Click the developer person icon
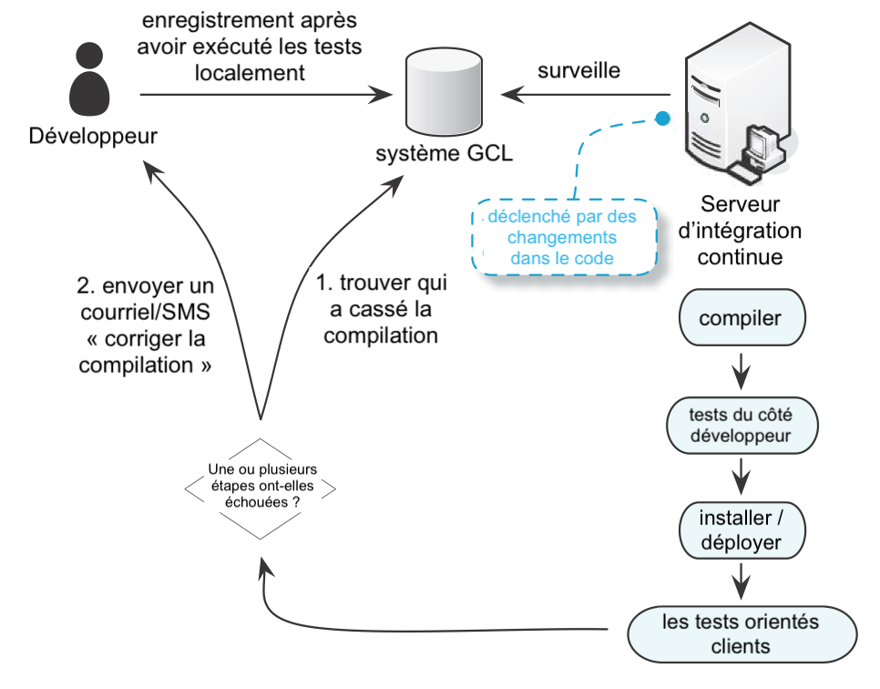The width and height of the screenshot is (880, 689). [89, 78]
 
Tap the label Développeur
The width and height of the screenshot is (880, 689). [93, 136]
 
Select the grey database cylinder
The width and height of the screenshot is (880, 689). [444, 91]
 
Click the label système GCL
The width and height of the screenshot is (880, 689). [444, 153]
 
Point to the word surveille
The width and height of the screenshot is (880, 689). [578, 71]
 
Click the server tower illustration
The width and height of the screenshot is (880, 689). [738, 104]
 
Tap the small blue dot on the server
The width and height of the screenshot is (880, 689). [663, 118]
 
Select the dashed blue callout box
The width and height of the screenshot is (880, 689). [564, 237]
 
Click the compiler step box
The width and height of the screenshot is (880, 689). [742, 318]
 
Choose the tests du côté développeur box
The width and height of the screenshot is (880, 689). [742, 425]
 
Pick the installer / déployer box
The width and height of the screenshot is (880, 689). [742, 530]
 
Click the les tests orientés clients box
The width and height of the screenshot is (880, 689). [742, 634]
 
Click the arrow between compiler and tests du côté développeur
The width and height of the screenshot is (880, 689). [742, 371]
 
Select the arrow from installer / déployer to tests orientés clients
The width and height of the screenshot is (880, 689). [742, 581]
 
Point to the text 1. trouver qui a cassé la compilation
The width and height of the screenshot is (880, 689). [381, 309]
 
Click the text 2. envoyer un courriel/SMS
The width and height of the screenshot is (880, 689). [146, 299]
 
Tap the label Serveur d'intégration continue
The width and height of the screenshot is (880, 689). [740, 231]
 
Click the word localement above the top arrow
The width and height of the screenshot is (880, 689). [250, 73]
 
